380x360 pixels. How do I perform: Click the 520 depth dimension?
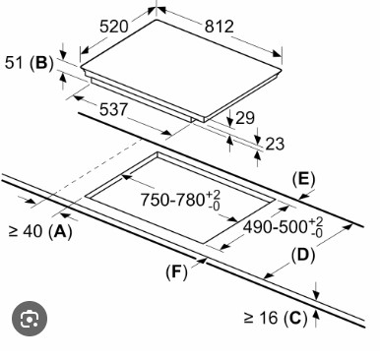[x=113, y=27]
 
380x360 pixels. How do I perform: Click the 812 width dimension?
[x=220, y=27]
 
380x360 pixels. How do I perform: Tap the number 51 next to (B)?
[x=15, y=62]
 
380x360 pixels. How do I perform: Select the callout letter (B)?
[x=41, y=63]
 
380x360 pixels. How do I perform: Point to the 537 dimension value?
[x=113, y=109]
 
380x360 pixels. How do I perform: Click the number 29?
[x=245, y=118]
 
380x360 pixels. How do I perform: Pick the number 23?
[x=275, y=144]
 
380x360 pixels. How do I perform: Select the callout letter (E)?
[x=303, y=179]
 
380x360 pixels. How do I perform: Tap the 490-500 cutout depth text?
[x=275, y=226]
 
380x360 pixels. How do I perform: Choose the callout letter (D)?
[x=303, y=256]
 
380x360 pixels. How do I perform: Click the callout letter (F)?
[x=176, y=272]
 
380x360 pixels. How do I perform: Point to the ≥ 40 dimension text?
[x=26, y=231]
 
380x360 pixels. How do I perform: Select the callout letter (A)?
[x=60, y=232]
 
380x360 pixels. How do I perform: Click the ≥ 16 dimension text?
[x=261, y=318]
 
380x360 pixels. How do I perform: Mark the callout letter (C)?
[x=295, y=318]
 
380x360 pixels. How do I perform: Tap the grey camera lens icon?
[x=30, y=319]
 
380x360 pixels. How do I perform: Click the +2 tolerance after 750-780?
[x=214, y=195]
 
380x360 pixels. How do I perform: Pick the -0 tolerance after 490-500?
[x=316, y=233]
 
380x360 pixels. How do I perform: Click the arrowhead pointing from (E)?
[x=304, y=196]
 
